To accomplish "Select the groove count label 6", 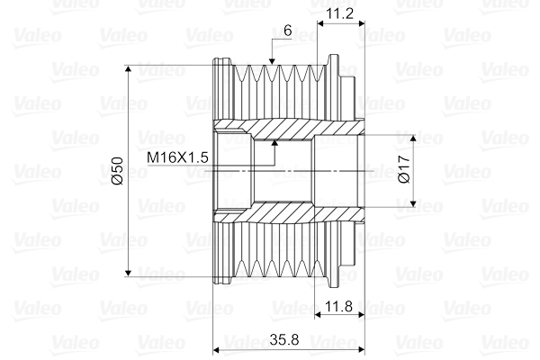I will [286, 30].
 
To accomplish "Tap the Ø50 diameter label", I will [117, 170].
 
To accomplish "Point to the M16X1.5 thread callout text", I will [177, 157].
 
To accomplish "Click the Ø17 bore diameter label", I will [404, 170].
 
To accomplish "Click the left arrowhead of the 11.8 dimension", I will [320, 316].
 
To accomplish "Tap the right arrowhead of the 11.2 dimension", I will [363, 22].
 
